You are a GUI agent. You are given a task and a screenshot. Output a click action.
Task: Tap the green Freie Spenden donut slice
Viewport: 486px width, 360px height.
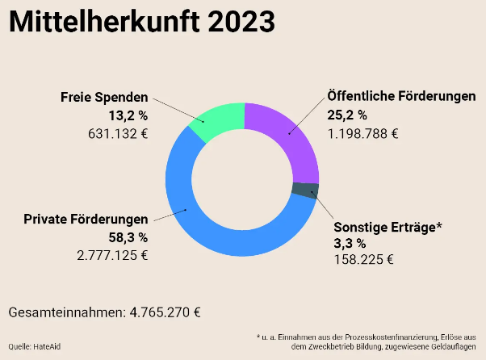pyautogui.click(x=216, y=122)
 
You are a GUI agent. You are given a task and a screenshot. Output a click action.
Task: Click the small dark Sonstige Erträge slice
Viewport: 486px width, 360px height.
pyautogui.click(x=304, y=190)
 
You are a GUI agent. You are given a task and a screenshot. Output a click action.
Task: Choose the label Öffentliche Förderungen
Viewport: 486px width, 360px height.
pyautogui.click(x=401, y=96)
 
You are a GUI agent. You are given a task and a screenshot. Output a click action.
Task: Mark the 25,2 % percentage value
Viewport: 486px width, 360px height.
pyautogui.click(x=347, y=115)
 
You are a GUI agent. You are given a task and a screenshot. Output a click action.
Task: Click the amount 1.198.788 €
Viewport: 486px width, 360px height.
pyautogui.click(x=362, y=133)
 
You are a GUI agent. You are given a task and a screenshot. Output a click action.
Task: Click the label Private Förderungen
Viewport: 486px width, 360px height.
pyautogui.click(x=86, y=219)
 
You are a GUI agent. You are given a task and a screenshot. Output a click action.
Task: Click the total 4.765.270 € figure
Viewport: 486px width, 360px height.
pyautogui.click(x=165, y=312)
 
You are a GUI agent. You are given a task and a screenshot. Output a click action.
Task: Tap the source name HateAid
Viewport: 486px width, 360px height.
pyautogui.click(x=47, y=346)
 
